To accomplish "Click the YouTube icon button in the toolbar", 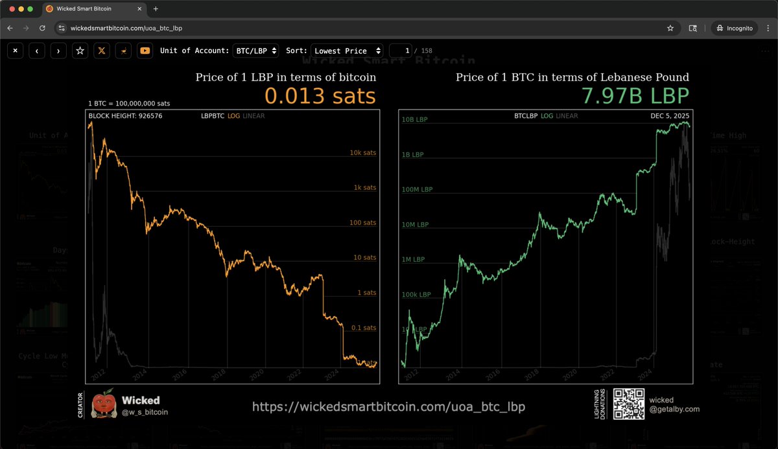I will coord(145,51).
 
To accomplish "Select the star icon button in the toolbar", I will coord(80,51).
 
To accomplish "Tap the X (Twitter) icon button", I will coord(101,51).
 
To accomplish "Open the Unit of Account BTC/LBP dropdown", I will coord(255,51).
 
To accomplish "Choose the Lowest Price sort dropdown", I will coord(347,51).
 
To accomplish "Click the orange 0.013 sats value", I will coord(320,96).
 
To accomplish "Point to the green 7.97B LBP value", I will coord(635,96).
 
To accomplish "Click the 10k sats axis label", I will coord(362,153).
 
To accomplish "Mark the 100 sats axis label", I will coord(362,223).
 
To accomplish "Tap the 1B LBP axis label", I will coord(413,155).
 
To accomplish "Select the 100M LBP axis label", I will coord(417,190).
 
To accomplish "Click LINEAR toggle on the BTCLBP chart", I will coord(567,116).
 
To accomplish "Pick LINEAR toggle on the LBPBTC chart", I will coord(253,116).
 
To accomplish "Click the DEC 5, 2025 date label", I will coord(670,116).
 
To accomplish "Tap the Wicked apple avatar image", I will coord(104,405).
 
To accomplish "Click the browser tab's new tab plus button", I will coord(156,9).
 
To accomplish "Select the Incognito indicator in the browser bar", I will coord(735,29).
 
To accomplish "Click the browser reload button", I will coord(43,29).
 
